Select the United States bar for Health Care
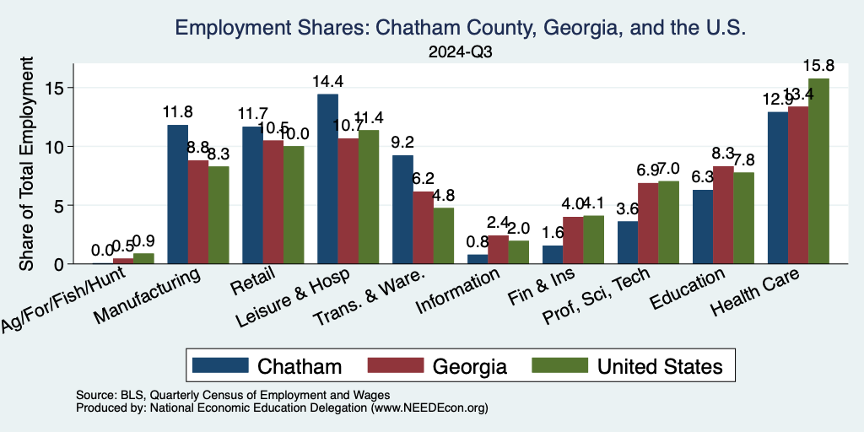[819, 170]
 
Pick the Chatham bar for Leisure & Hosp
[327, 179]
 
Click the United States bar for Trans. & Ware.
[444, 235]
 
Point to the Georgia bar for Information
[498, 250]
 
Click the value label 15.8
[819, 65]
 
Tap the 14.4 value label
[327, 81]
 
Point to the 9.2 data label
[402, 142]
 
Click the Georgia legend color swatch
[396, 365]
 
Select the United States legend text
[660, 366]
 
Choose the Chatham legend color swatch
[220, 365]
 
